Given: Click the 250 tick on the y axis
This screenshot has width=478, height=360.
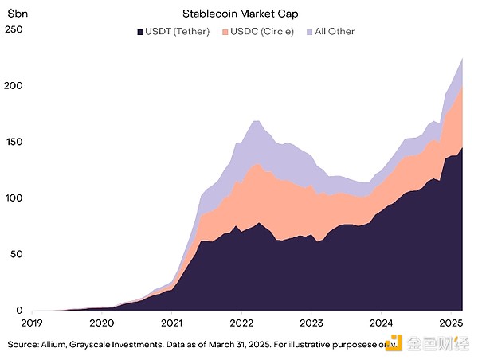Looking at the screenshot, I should [14, 30].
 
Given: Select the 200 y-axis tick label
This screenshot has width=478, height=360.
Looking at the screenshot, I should [14, 86].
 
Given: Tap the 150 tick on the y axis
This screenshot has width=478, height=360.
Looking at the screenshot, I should [14, 142].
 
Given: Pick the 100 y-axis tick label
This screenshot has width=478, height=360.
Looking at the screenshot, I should [14, 198].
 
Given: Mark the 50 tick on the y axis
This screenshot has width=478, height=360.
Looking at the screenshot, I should [17, 254].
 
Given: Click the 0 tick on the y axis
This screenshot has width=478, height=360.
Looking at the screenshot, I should [20, 310].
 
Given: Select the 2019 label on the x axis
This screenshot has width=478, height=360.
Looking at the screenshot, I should [31, 323].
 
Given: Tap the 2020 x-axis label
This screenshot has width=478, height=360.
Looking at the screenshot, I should [101, 323].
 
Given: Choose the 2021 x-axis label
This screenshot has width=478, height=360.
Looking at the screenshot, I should [171, 323].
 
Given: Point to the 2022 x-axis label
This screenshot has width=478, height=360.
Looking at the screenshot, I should [241, 323].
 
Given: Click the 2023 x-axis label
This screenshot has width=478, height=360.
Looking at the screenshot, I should [311, 323].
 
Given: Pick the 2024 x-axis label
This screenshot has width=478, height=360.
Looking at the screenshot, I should [382, 323].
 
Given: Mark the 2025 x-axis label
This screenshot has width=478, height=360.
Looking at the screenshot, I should [452, 323].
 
